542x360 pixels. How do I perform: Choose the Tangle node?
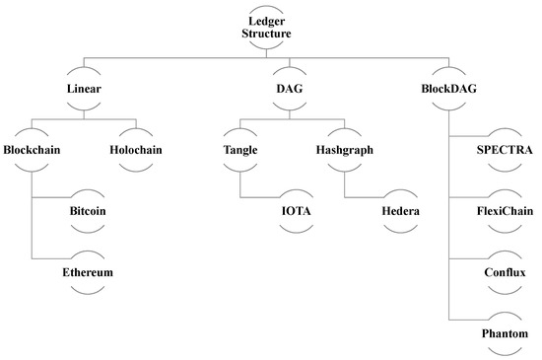pyautogui.click(x=239, y=152)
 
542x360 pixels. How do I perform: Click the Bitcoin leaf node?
pyautogui.click(x=90, y=212)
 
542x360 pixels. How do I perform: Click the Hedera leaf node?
pyautogui.click(x=401, y=212)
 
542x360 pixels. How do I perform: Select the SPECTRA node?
pyautogui.click(x=503, y=151)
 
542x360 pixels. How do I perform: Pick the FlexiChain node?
pyautogui.click(x=503, y=212)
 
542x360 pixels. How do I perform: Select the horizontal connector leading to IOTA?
pyautogui.click(x=257, y=195)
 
